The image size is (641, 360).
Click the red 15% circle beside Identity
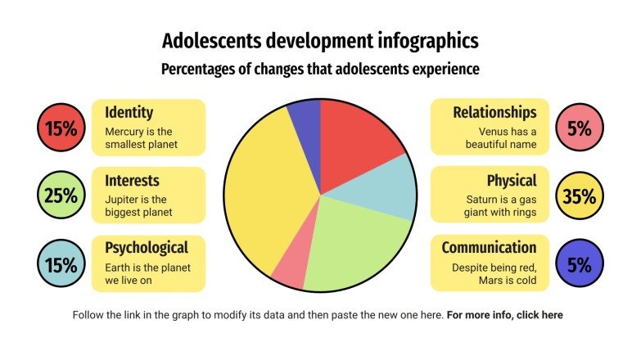tap(61, 128)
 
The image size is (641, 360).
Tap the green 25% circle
tap(61, 196)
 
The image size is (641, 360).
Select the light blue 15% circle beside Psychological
tap(61, 264)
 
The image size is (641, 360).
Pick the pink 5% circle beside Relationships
tap(579, 128)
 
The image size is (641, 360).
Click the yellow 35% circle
tap(579, 196)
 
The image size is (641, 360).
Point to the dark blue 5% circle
tap(579, 264)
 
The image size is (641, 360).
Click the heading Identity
tap(129, 112)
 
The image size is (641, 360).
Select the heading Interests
tap(132, 180)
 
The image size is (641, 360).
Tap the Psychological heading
tap(147, 248)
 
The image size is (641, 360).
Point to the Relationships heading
tap(494, 112)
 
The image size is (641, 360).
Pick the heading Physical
tap(512, 180)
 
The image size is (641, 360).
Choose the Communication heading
tap(489, 248)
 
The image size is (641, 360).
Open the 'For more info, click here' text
tap(504, 315)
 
